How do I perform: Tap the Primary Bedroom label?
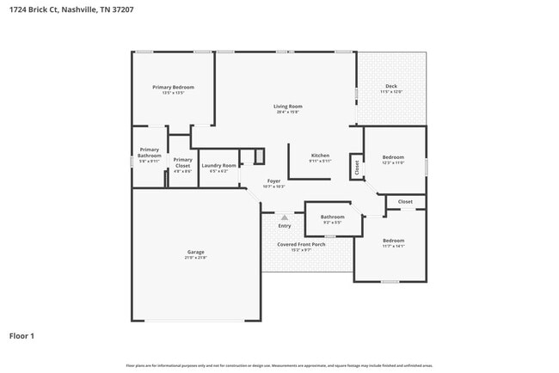click(x=173, y=88)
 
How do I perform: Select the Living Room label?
click(x=288, y=107)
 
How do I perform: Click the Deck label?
click(x=391, y=86)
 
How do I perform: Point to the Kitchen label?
click(x=320, y=156)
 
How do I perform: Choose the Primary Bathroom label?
click(x=150, y=152)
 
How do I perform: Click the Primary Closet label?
click(x=182, y=162)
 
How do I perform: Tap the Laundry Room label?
click(x=218, y=165)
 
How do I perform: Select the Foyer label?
click(x=273, y=180)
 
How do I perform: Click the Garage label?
click(x=196, y=252)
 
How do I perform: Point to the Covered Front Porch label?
click(x=301, y=244)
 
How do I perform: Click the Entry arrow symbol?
click(x=285, y=217)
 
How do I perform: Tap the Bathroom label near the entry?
click(x=332, y=217)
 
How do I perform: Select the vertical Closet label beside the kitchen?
click(x=356, y=167)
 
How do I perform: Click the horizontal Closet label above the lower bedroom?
click(x=405, y=202)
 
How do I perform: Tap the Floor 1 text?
click(x=21, y=336)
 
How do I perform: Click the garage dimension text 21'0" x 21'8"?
click(x=196, y=258)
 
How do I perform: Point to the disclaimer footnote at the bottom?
click(x=279, y=365)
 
